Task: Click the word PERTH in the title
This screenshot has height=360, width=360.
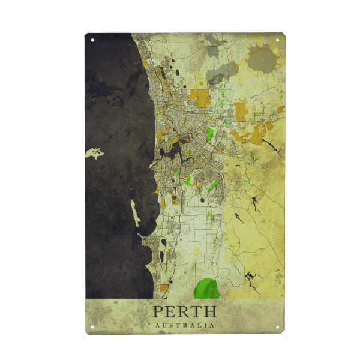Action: [184, 311]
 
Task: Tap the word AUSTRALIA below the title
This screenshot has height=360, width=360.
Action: [184, 325]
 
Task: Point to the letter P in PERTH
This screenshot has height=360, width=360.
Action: [158, 311]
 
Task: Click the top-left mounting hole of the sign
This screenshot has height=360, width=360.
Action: [92, 41]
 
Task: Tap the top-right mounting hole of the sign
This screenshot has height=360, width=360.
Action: [278, 41]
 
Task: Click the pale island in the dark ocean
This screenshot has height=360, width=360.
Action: [95, 154]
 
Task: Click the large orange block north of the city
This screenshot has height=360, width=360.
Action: [200, 98]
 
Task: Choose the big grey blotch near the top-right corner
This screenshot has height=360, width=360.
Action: [262, 59]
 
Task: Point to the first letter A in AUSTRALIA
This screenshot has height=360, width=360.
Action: [157, 325]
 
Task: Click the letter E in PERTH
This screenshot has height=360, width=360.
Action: [170, 311]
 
